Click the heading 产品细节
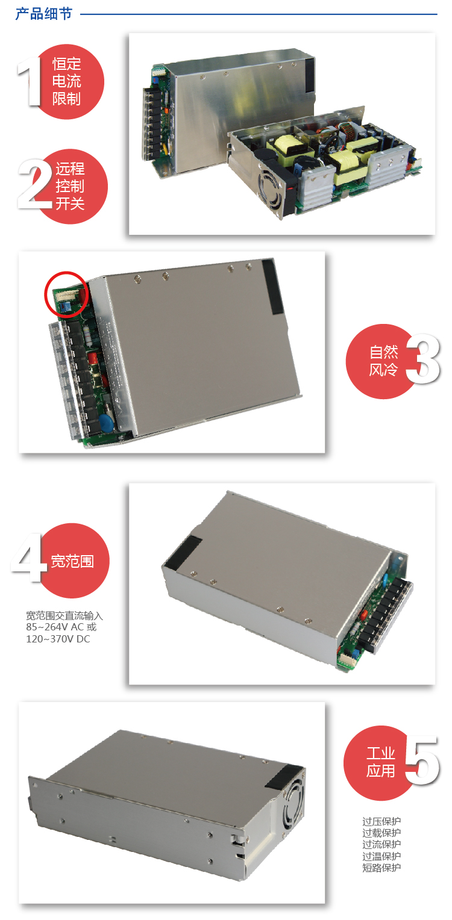43,13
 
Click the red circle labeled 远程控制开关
71,186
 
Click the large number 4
29,559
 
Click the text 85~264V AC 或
61,627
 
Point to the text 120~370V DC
58,639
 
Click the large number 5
422,760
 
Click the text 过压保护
381,821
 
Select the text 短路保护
381,868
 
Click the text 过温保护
381,856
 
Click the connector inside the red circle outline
67,295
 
